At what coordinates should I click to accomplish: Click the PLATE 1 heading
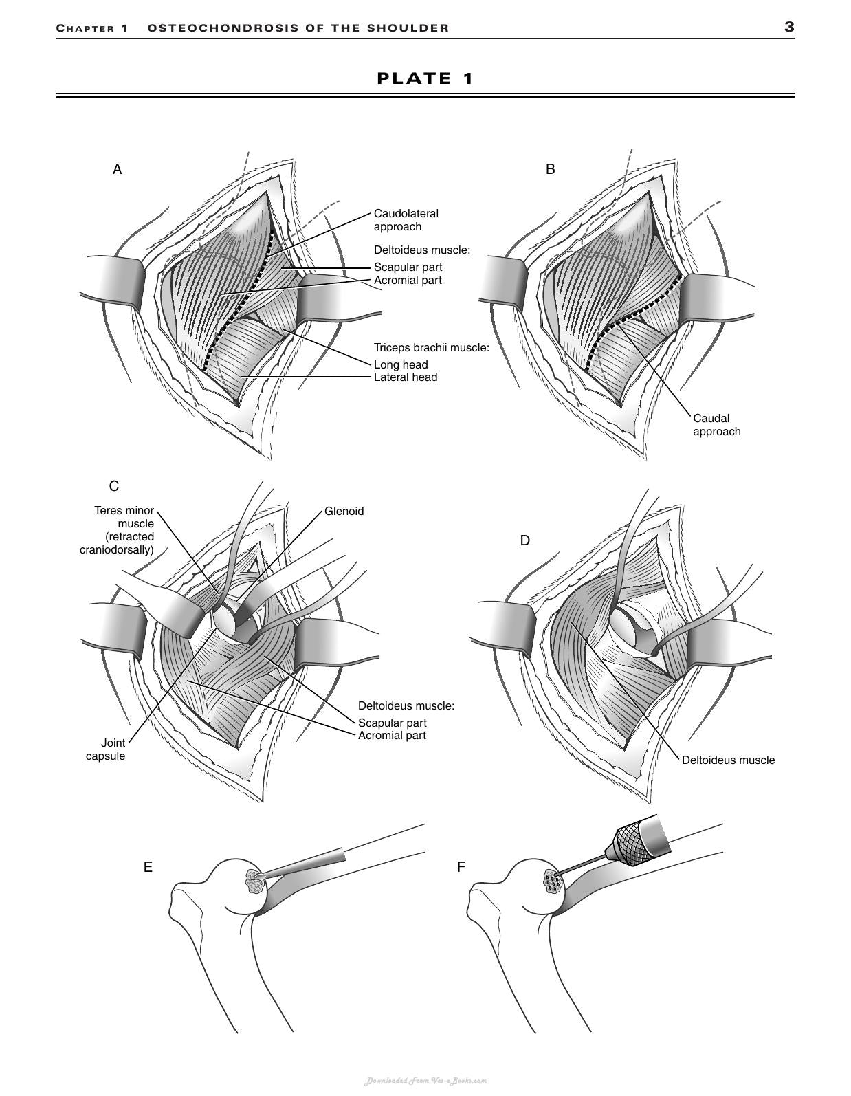point(425,78)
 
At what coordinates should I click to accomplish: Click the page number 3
point(789,28)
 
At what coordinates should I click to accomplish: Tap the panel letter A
point(117,169)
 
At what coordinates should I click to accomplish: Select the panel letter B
point(551,169)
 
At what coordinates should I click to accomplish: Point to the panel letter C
point(114,485)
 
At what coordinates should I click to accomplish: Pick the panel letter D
point(524,540)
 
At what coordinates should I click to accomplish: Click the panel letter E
point(148,867)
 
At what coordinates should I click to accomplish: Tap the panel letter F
point(461,867)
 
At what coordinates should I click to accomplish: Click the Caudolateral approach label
point(406,220)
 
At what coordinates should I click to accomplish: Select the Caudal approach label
point(717,425)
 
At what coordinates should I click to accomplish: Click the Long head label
point(401,364)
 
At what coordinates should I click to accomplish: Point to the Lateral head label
point(406,377)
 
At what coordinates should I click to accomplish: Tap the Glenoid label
point(344,512)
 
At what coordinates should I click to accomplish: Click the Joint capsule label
point(105,749)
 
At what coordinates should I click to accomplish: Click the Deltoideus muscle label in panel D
point(729,760)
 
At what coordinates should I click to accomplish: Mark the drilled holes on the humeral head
point(553,882)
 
